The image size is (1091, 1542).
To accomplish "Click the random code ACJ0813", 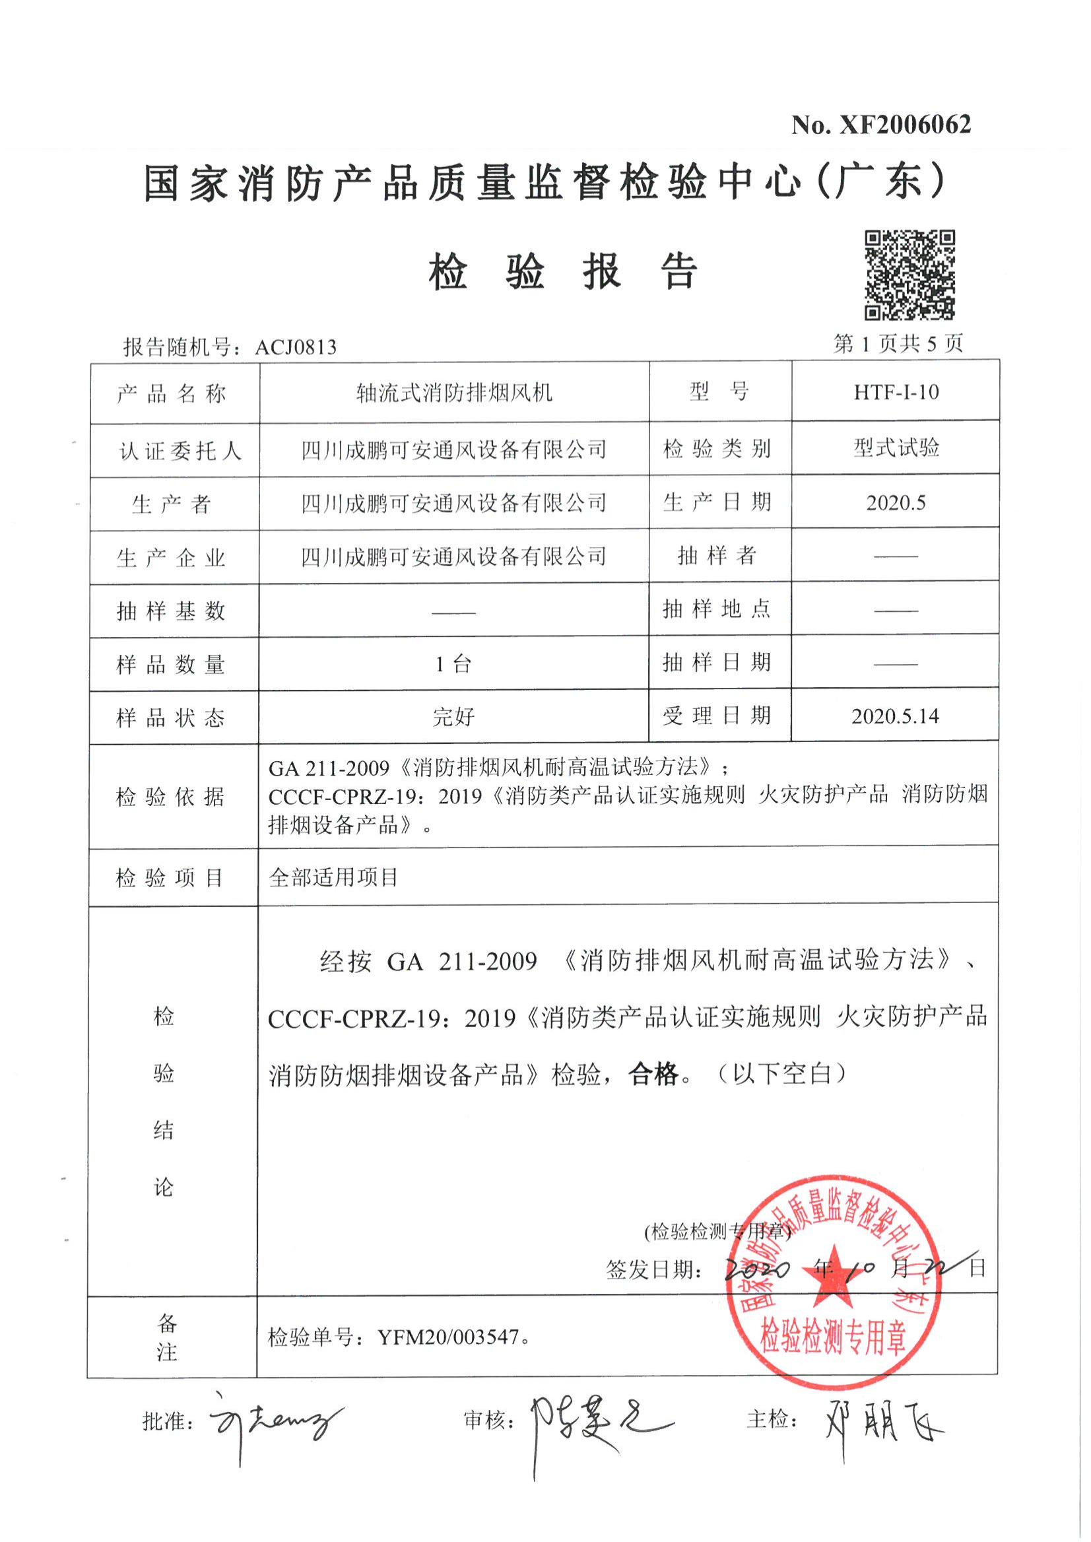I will coord(296,347).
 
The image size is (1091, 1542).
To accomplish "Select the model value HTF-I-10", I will coord(896,392).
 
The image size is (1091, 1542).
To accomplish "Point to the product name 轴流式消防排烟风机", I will coord(454,393).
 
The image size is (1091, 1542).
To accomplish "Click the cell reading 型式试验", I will coord(896,448).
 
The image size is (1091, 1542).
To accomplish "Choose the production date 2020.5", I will coord(896,502).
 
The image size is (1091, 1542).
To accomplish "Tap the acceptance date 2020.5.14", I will coord(896,716).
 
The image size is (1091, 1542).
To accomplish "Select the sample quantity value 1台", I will coord(453,665).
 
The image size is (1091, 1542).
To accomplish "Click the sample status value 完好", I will coord(453,717).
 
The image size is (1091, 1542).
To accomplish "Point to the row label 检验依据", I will coord(170,797).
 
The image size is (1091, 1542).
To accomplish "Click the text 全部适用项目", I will coord(333,877).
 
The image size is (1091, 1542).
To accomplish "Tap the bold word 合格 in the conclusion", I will coord(653,1075).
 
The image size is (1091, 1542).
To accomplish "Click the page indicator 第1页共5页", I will coord(898,345).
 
